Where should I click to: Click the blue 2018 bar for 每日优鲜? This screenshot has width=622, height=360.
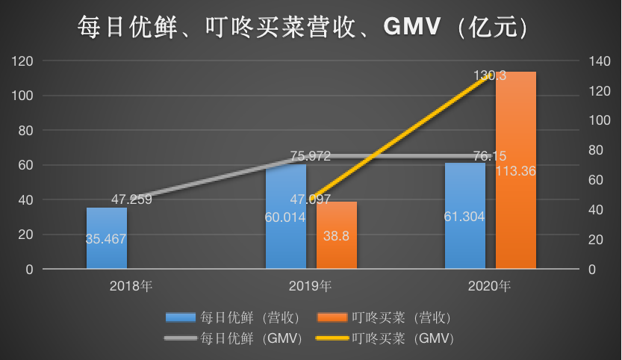click(x=106, y=238)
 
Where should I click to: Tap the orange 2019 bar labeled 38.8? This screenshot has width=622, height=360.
click(x=336, y=235)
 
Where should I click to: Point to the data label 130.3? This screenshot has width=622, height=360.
click(x=489, y=75)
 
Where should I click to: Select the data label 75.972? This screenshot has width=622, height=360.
click(x=310, y=157)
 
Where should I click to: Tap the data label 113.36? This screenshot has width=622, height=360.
click(x=515, y=172)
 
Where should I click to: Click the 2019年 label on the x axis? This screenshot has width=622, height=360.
click(x=311, y=286)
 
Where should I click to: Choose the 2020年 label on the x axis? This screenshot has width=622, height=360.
click(x=490, y=286)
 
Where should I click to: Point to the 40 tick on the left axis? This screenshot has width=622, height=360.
click(x=26, y=200)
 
